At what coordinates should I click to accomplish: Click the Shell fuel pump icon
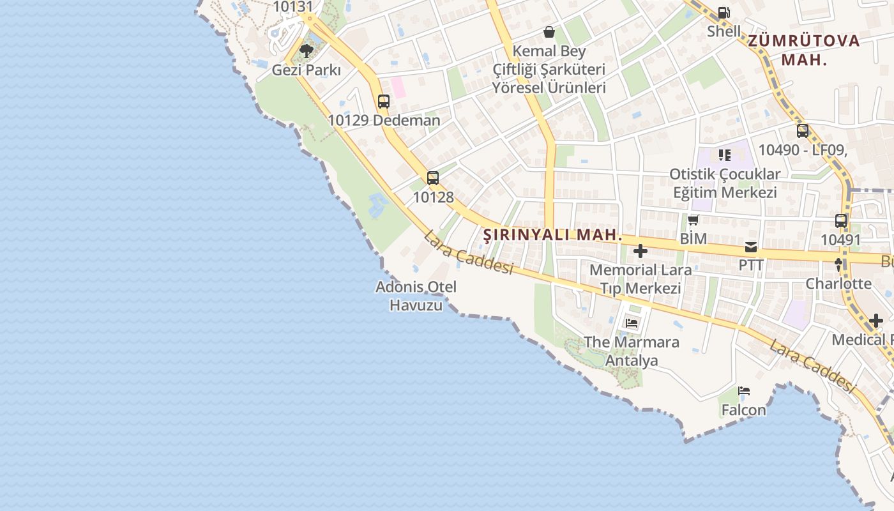[x=724, y=12]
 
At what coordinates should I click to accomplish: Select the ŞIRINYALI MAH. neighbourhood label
[x=552, y=235]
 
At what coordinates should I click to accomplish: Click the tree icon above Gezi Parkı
[x=307, y=50]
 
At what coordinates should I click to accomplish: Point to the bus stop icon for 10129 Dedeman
[x=383, y=101]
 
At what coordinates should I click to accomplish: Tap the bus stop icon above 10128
[x=433, y=178]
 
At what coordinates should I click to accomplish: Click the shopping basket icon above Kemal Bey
[x=549, y=32]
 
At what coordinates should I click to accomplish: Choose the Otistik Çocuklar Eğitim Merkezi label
[x=725, y=183]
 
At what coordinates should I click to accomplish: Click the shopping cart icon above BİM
[x=693, y=220]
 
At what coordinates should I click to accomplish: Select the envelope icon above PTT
[x=751, y=247]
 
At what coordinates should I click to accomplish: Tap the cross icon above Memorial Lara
[x=640, y=251]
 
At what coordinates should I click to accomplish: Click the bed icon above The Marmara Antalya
[x=632, y=323]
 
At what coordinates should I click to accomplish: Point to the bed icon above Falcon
[x=744, y=391]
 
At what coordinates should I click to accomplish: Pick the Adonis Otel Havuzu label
[x=416, y=296]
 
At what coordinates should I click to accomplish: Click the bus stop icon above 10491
[x=841, y=221]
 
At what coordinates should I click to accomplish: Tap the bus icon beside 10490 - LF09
[x=802, y=131]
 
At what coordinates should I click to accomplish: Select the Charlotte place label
[x=838, y=284]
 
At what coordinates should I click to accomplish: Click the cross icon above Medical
[x=876, y=321]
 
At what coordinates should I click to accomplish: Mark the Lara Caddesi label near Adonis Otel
[x=468, y=253]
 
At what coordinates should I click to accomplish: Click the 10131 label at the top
[x=293, y=7]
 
